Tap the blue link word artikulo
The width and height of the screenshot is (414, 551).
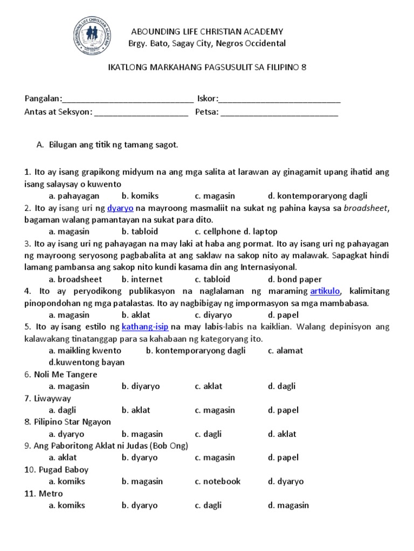coord(325,291)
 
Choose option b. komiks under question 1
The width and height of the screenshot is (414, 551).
coord(140,196)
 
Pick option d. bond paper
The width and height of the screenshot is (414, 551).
coord(294,279)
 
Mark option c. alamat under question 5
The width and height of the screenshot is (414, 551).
coord(285,350)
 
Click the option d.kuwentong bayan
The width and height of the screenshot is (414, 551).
coord(86,362)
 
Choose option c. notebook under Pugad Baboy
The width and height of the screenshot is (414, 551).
coord(218,481)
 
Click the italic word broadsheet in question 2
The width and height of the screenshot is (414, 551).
coord(366,208)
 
